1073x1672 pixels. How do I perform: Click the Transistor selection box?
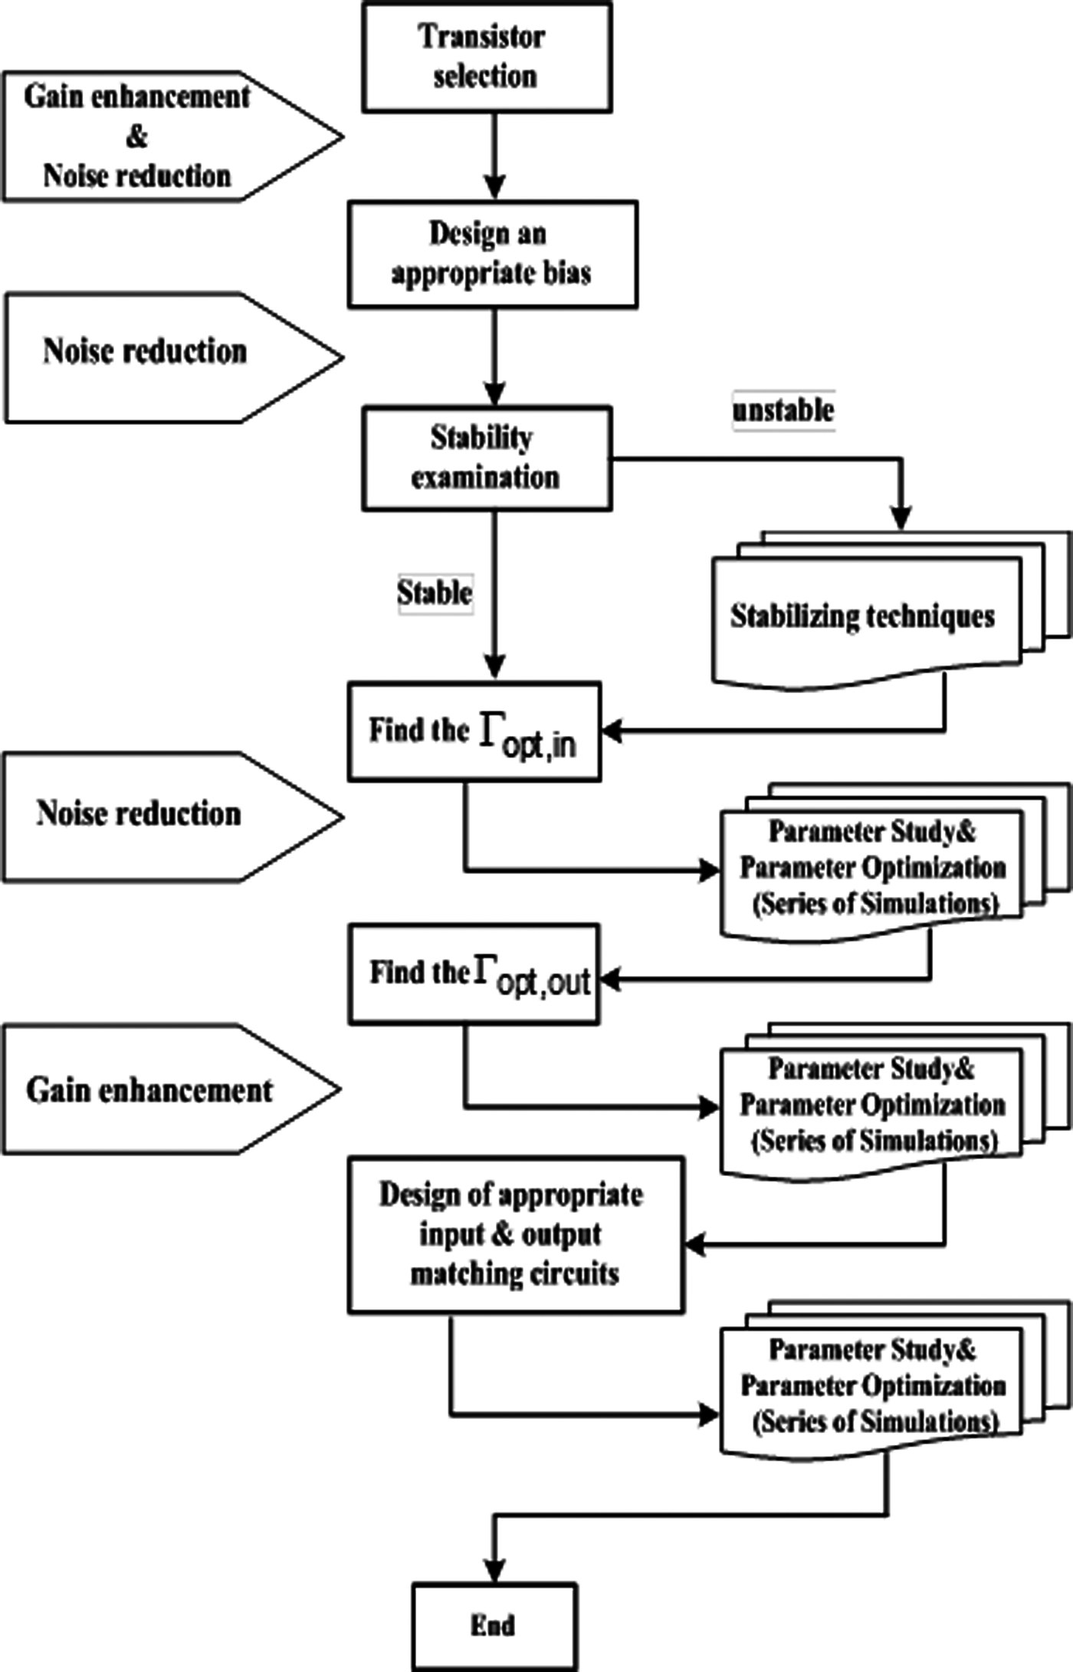(486, 57)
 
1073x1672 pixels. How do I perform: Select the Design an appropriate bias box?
(492, 255)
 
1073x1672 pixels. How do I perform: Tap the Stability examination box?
(486, 458)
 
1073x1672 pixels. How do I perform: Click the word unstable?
(783, 411)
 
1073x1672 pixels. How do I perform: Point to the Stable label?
(434, 593)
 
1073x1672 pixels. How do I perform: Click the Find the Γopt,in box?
(474, 731)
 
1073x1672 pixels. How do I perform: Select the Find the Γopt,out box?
(474, 974)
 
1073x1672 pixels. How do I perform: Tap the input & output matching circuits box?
(515, 1235)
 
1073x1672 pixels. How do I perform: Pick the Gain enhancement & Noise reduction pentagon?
(153, 136)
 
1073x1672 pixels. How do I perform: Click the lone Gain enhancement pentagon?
(153, 1089)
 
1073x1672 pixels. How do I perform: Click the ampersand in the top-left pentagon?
(136, 136)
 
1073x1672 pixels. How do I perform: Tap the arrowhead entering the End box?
(495, 1571)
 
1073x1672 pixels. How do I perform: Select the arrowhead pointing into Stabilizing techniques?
(903, 519)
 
